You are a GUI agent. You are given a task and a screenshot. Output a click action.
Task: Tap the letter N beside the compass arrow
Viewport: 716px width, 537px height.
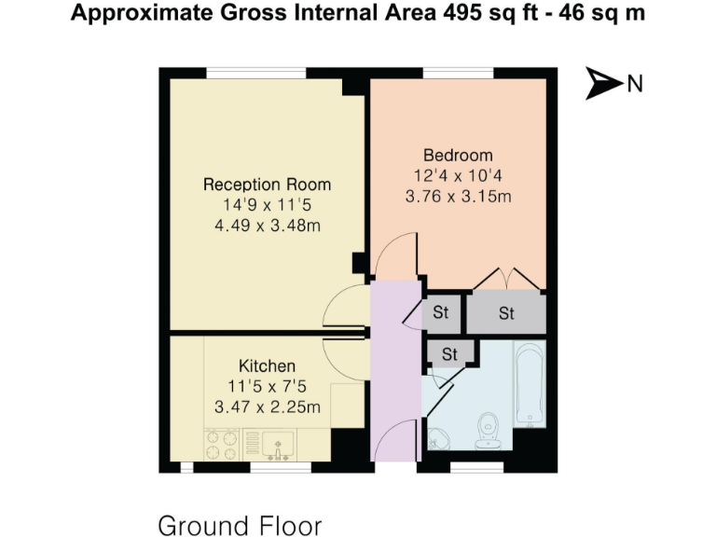635,84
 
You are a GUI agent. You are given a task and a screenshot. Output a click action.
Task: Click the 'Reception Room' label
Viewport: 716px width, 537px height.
267,185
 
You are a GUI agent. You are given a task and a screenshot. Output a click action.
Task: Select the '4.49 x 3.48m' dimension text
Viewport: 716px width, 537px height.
267,226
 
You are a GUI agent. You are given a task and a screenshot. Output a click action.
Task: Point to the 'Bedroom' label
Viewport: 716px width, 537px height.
458,155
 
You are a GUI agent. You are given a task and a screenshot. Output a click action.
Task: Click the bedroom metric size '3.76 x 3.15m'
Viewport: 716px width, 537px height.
458,196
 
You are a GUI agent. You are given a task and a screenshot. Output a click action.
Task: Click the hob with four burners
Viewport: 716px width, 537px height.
222,444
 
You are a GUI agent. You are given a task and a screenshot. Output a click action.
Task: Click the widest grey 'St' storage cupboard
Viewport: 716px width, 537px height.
505,313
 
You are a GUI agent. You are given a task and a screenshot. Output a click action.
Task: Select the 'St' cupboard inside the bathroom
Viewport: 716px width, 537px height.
450,353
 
